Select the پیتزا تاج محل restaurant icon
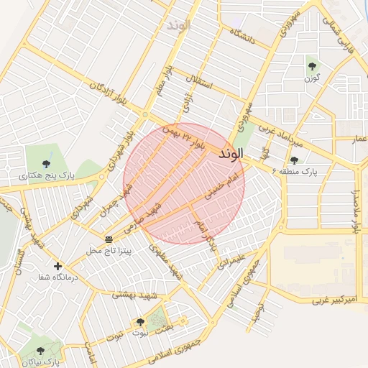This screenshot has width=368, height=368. (x=109, y=239)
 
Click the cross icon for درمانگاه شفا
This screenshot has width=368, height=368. (x=58, y=267)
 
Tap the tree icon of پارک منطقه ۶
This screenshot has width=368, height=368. (x=294, y=160)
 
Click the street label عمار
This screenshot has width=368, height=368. (x=359, y=139)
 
